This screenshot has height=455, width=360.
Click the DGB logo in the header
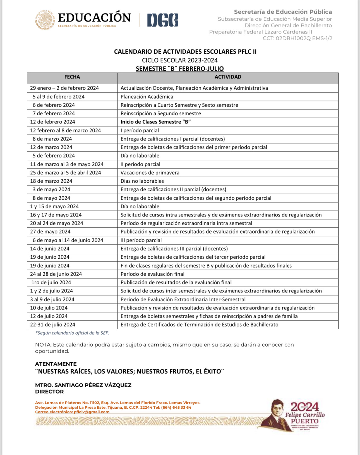[163, 20]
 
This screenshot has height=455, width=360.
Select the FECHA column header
[72, 77]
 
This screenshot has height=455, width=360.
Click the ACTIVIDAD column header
[228, 77]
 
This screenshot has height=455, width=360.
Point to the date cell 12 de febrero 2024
[52, 122]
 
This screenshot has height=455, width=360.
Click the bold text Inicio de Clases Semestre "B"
[155, 122]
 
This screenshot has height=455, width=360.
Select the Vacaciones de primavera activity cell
[150, 173]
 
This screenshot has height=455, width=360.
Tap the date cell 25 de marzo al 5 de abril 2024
[66, 173]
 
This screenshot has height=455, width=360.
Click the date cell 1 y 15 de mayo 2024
[54, 206]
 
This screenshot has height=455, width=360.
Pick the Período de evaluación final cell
[152, 274]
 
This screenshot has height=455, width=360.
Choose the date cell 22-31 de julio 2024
[52, 325]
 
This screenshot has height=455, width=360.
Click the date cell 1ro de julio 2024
[51, 282]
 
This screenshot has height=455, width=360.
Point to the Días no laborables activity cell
[142, 181]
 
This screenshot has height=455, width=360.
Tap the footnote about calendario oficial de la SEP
[72, 333]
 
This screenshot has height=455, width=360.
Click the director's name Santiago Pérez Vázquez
[83, 385]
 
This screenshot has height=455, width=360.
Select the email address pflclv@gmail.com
[92, 412]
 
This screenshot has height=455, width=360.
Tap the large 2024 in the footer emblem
[304, 407]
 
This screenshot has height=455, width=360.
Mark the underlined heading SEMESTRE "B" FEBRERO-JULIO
[180, 69]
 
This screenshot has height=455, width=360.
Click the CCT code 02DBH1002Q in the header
[293, 39]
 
